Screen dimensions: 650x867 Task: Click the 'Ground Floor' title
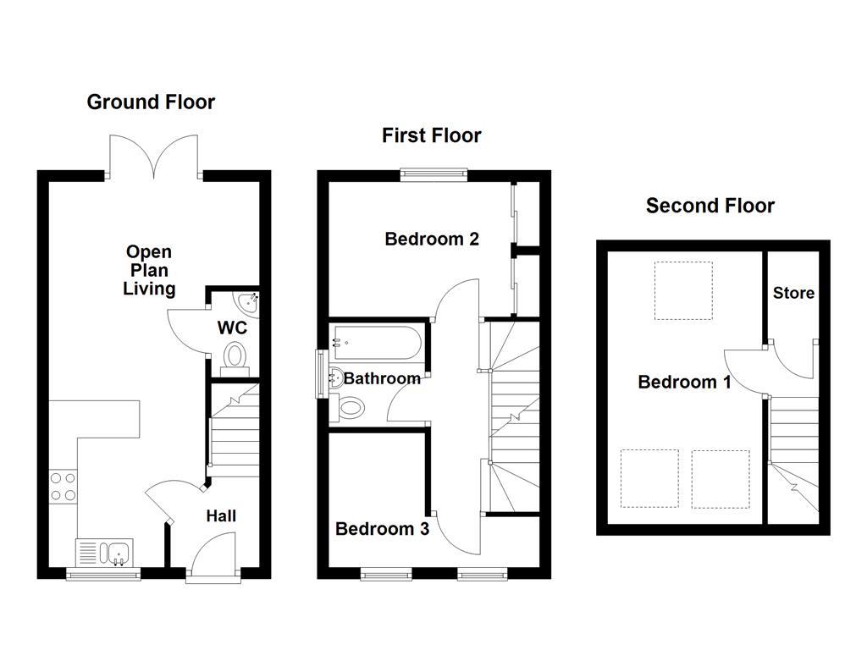(151, 102)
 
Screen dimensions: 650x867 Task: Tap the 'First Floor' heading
(431, 135)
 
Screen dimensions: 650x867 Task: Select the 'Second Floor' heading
(710, 206)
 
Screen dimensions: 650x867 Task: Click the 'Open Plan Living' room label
(149, 270)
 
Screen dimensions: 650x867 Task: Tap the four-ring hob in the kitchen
(63, 487)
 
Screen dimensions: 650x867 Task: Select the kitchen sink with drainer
(106, 553)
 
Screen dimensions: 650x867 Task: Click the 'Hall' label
(221, 515)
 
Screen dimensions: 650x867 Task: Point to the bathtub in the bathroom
(376, 343)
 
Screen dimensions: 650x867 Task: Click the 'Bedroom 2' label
(432, 239)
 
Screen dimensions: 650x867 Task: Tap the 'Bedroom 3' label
(382, 529)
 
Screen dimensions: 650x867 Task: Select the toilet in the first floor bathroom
(350, 409)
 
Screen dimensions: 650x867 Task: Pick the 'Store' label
(793, 293)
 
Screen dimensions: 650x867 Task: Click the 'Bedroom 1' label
(684, 382)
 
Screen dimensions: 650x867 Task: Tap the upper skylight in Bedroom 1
(682, 290)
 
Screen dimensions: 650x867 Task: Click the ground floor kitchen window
(103, 576)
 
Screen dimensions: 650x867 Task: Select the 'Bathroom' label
(382, 378)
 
